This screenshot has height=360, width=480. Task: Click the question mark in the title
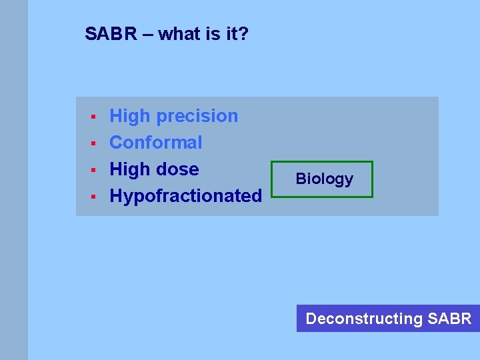[243, 33]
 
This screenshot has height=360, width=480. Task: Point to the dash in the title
[147, 34]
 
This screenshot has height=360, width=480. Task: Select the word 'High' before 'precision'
[130, 116]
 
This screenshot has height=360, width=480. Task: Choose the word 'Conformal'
[155, 143]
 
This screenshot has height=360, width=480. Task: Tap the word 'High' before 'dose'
[130, 169]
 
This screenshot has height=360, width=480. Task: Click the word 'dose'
[177, 169]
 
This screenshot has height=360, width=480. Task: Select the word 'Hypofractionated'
[185, 196]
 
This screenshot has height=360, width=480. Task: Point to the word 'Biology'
[324, 179]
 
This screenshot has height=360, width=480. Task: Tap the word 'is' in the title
[213, 33]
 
